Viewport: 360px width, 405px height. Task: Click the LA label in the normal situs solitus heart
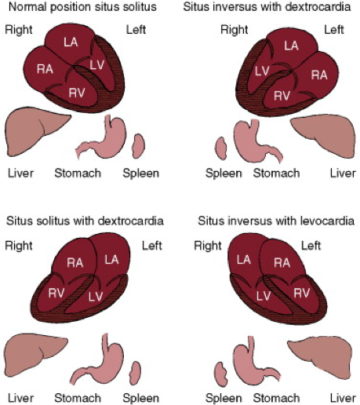click(x=71, y=42)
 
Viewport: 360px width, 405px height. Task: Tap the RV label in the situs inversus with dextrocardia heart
click(x=282, y=96)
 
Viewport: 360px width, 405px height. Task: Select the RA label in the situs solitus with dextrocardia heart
click(x=75, y=263)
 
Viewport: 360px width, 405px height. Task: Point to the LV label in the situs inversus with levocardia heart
click(x=264, y=296)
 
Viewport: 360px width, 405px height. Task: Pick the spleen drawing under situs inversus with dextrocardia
click(x=221, y=148)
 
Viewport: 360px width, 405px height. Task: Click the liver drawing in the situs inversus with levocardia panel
click(x=322, y=359)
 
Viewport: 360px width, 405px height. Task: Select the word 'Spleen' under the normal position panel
click(x=141, y=173)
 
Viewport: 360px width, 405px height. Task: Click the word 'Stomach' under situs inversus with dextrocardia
click(x=276, y=173)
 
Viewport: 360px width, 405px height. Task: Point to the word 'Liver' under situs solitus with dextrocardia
click(x=21, y=398)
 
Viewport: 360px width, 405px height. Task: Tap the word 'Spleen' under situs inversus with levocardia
click(x=224, y=398)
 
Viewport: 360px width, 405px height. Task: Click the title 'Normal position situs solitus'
click(x=82, y=6)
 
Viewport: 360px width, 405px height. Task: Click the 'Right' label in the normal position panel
click(x=19, y=30)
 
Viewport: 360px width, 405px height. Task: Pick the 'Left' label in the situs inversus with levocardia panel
click(x=311, y=246)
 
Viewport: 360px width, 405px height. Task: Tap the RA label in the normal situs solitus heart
click(x=45, y=69)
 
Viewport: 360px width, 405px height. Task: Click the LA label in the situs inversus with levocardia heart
click(x=244, y=260)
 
